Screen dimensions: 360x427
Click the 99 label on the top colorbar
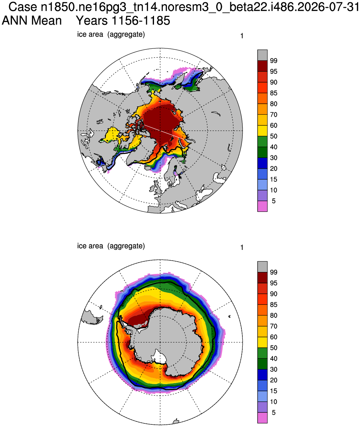274,60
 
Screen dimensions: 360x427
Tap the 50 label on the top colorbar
274,136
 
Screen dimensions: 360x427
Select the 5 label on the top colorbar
274,201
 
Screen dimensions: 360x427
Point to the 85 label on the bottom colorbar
274,305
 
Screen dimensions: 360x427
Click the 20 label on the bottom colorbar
274,380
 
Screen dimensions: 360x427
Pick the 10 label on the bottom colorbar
274,402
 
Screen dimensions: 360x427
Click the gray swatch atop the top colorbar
262,55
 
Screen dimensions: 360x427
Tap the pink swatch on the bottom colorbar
262,418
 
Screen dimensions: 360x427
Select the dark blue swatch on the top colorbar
262,163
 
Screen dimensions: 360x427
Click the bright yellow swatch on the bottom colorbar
262,342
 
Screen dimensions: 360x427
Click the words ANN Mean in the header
32,21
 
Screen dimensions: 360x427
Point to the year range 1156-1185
141,21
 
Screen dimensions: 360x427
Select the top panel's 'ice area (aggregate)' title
111,34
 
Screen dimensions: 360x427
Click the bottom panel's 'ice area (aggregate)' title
111,246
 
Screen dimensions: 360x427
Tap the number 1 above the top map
242,36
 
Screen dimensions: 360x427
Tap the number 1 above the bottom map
242,248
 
